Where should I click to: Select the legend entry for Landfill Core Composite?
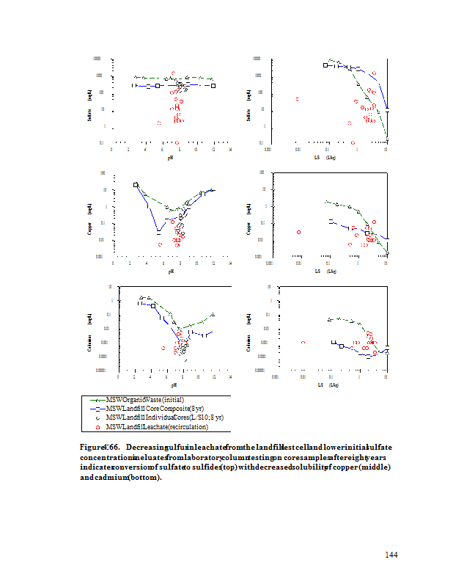point(153,408)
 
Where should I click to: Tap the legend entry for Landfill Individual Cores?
point(164,417)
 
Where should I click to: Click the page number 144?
point(391,555)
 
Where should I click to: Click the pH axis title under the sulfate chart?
point(171,156)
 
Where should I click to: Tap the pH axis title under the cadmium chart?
point(174,384)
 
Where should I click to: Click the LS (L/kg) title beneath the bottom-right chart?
point(326,384)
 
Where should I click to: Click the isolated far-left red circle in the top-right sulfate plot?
point(297,99)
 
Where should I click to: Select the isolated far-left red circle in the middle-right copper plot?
point(298,233)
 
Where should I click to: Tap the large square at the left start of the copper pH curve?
point(136,185)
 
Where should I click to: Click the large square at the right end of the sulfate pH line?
point(213,86)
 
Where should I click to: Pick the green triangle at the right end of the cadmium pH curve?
point(213,315)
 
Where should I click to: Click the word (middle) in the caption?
point(373,467)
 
